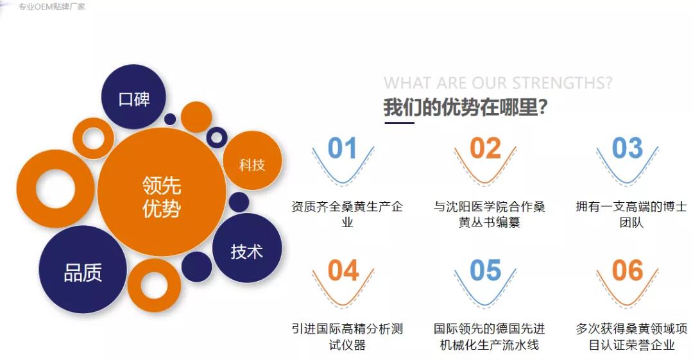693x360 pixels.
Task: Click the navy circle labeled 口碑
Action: pos(134,98)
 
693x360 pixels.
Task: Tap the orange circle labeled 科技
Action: pos(252,164)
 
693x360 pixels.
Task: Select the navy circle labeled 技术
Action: pos(247,250)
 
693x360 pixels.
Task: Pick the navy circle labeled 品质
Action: pos(83,271)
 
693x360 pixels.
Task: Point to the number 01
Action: pos(342,149)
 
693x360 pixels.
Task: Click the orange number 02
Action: pos(485,149)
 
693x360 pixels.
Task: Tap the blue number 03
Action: pos(627,149)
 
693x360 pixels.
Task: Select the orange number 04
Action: pos(343,271)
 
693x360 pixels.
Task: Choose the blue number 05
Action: pos(485,271)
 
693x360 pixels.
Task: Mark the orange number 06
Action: pos(627,271)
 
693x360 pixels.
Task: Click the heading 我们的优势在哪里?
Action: pos(465,107)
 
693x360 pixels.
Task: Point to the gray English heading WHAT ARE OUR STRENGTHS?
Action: pos(497,83)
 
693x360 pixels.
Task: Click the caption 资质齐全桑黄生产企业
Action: pos(347,214)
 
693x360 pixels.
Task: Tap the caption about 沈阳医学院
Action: pos(489,214)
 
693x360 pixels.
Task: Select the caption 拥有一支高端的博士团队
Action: pos(631,214)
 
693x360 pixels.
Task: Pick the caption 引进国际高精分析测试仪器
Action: pos(347,337)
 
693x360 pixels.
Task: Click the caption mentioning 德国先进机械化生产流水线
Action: pos(489,337)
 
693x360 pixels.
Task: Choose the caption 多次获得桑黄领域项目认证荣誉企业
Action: pos(631,337)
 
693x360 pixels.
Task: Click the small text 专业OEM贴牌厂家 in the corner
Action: pos(51,6)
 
